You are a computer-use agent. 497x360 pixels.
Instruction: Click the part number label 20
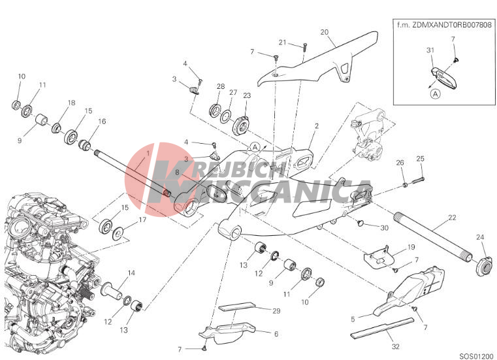(324, 32)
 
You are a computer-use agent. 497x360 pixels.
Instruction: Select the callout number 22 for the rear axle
(452, 218)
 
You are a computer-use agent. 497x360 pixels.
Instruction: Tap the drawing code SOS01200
(477, 355)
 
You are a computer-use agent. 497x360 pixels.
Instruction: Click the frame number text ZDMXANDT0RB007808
(453, 25)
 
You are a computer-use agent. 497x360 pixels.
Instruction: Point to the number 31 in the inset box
(430, 50)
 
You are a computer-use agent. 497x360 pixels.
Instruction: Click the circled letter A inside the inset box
(436, 94)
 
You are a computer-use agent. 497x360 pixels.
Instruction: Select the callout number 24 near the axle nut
(480, 237)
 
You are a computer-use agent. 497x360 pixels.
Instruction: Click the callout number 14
(131, 272)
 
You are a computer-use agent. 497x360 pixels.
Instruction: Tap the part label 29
(276, 311)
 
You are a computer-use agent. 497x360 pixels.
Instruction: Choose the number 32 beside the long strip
(396, 347)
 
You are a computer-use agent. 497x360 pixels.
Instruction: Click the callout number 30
(384, 228)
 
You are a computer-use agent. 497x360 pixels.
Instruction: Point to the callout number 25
(420, 159)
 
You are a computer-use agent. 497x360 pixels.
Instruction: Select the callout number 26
(400, 163)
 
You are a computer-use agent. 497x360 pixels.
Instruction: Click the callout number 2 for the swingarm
(316, 126)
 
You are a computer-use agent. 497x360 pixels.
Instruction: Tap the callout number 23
(247, 95)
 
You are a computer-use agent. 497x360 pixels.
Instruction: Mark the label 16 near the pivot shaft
(102, 121)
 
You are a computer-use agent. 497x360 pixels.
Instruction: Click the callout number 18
(71, 103)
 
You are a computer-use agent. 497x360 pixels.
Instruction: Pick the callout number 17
(142, 220)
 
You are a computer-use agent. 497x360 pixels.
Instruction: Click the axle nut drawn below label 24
(485, 266)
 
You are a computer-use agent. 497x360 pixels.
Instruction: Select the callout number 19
(411, 247)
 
